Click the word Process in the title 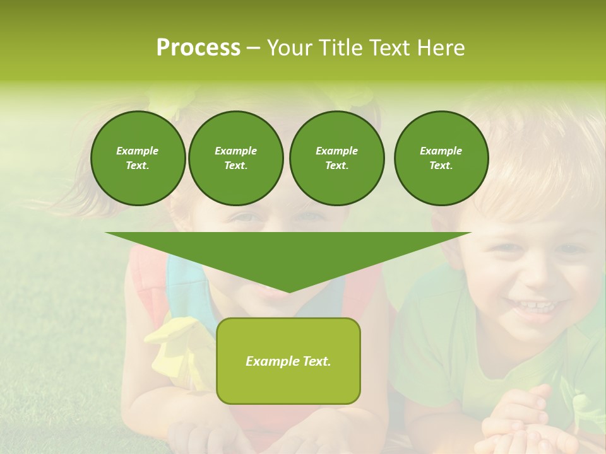pos(198,48)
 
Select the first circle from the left pos(138,158)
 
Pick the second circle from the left pos(235,158)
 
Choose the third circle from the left pos(336,158)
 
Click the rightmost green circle pos(441,158)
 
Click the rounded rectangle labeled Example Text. pos(288,361)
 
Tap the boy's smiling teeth pos(534,307)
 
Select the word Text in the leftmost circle pos(137,166)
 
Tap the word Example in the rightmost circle pos(441,151)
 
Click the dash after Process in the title pos(253,48)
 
